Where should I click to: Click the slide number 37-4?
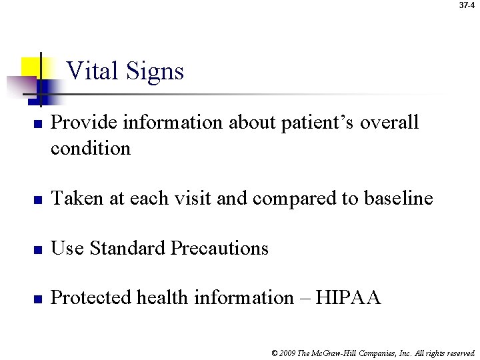pyautogui.click(x=467, y=5)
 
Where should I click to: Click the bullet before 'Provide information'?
pyautogui.click(x=39, y=124)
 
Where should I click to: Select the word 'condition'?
pyautogui.click(x=91, y=148)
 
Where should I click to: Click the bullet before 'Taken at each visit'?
pyautogui.click(x=39, y=199)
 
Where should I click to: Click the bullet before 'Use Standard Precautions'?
pyautogui.click(x=39, y=249)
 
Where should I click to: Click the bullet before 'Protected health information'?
pyautogui.click(x=39, y=299)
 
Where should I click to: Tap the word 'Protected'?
pyautogui.click(x=91, y=297)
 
